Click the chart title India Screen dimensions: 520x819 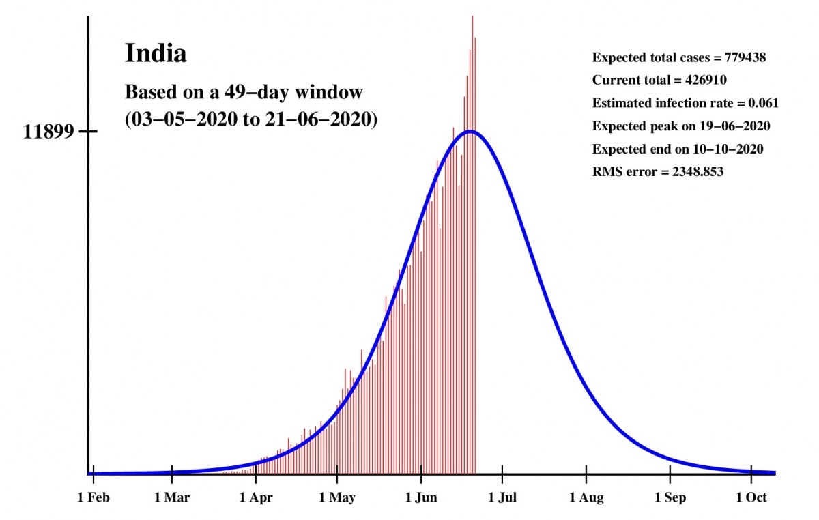[155, 53]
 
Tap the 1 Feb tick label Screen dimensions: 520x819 [94, 498]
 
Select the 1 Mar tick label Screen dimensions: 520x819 [172, 498]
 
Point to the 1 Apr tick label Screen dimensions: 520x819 [256, 498]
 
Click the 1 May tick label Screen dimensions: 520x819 [337, 498]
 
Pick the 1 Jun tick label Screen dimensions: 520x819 [421, 498]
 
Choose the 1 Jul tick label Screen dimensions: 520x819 [502, 498]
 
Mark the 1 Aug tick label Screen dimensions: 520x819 [586, 498]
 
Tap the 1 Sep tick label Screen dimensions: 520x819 [670, 498]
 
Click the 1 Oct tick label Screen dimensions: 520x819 [751, 498]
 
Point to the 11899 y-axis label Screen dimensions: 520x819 [48, 132]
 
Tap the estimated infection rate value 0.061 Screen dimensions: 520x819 [764, 104]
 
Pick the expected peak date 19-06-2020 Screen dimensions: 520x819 [734, 126]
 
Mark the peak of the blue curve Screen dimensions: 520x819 [470, 131]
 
